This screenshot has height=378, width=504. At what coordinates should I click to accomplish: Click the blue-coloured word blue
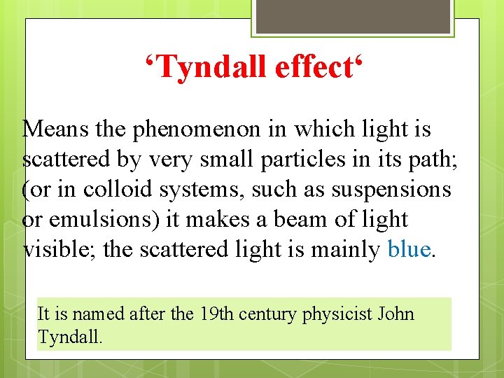409,249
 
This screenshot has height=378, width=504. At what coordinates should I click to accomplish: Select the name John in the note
396,314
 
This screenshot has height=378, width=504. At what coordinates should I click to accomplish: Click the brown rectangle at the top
352,16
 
